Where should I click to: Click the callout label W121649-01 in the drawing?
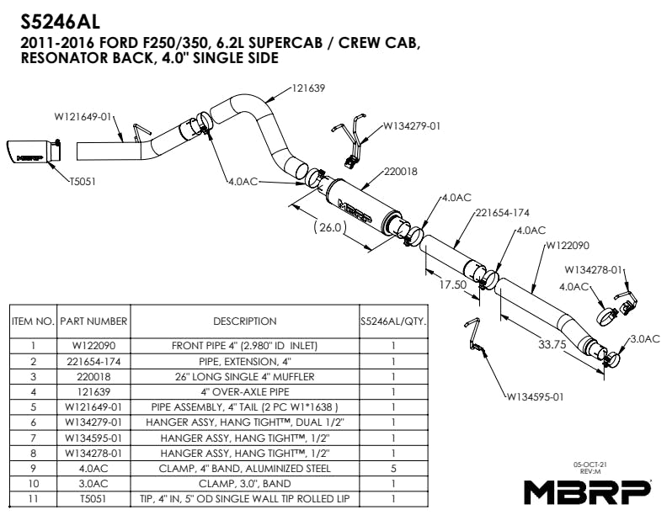point(83,117)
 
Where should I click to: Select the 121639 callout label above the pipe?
point(309,88)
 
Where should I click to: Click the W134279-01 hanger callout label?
point(412,126)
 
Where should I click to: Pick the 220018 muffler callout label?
point(400,170)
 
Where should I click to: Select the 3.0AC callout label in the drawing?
point(644,338)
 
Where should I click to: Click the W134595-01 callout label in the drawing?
point(535,396)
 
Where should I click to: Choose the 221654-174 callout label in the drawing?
point(502,212)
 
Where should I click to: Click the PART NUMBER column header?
point(93,321)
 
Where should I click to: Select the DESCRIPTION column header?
point(244,321)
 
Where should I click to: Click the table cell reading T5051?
point(93,499)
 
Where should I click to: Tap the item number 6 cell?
point(33,421)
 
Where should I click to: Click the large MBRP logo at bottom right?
point(587,490)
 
